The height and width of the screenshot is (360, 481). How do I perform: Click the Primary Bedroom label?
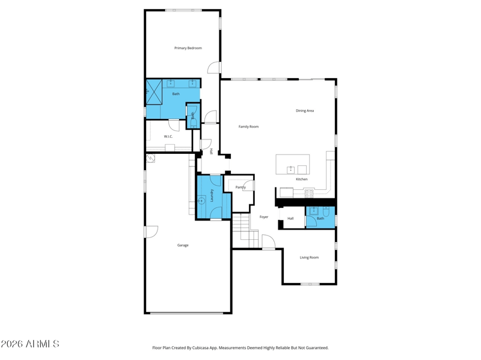tap(188, 48)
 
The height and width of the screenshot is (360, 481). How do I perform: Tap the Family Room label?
tap(248, 127)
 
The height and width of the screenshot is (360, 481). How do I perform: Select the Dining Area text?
tap(305, 111)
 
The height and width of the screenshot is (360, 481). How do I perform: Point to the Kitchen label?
tap(302, 179)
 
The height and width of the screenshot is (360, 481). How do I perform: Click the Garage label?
tap(183, 245)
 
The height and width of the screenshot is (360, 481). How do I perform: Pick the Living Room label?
tap(309, 258)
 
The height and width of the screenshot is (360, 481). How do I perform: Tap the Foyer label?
tap(264, 217)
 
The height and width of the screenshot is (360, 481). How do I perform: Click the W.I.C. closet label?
tap(168, 136)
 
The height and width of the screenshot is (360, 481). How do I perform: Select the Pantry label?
tap(240, 187)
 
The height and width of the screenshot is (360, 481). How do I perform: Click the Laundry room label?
tap(212, 195)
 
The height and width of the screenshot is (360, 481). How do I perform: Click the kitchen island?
tap(293, 164)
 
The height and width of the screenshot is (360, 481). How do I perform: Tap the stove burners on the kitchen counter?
tap(309, 194)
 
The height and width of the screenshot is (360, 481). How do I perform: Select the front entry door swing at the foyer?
tap(269, 242)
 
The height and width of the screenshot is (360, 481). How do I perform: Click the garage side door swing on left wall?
tap(152, 232)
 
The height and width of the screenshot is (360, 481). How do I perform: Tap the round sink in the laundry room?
tap(201, 201)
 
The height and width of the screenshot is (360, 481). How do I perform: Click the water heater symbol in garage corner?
tap(151, 158)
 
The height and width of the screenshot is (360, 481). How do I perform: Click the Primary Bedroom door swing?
tap(214, 67)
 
